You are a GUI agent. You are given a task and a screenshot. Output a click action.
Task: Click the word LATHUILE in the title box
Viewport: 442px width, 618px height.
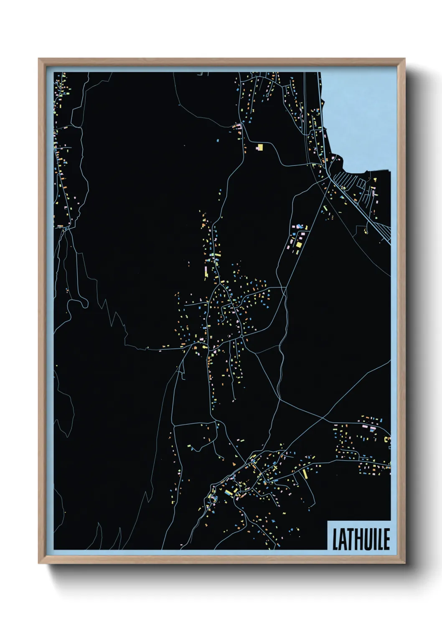point(361,539)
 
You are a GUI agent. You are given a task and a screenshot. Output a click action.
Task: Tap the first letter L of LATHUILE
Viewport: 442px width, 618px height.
point(335,539)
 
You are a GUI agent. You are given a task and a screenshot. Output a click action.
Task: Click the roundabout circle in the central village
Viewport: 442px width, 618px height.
point(241,336)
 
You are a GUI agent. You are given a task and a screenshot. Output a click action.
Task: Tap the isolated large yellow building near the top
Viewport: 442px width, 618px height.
point(260,147)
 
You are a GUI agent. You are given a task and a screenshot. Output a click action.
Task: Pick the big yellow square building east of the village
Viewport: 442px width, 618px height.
point(299,244)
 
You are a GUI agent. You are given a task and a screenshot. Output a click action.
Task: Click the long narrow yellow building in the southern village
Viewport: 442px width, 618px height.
point(305,474)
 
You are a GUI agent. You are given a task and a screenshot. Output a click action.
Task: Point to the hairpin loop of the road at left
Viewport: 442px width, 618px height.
point(84,304)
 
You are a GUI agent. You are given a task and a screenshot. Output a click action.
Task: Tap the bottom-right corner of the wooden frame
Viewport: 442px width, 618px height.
point(404,562)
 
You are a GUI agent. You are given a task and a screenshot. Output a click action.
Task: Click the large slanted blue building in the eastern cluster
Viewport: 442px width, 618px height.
point(299,227)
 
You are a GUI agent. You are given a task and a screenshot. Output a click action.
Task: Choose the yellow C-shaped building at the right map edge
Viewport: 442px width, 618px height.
point(387,439)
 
